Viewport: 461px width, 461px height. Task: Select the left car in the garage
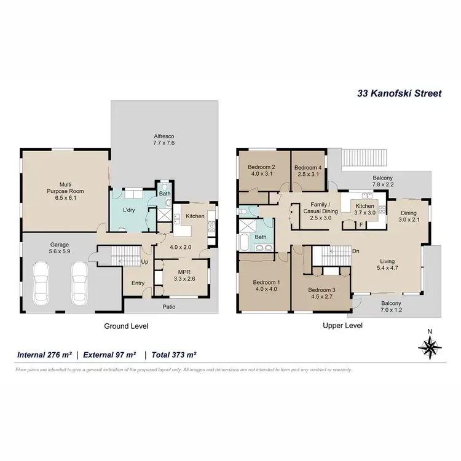coord(41,280)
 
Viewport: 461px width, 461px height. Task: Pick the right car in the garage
coord(80,280)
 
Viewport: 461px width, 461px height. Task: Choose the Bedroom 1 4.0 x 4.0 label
coord(266,286)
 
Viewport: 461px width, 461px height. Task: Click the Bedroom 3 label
coord(320,293)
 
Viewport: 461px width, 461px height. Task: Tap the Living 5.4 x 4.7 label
coord(392,264)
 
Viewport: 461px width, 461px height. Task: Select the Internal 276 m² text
coord(44,355)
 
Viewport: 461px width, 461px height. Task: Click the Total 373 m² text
coord(174,355)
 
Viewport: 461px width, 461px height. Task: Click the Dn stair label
coord(355,251)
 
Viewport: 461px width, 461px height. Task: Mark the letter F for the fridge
coord(361,224)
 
